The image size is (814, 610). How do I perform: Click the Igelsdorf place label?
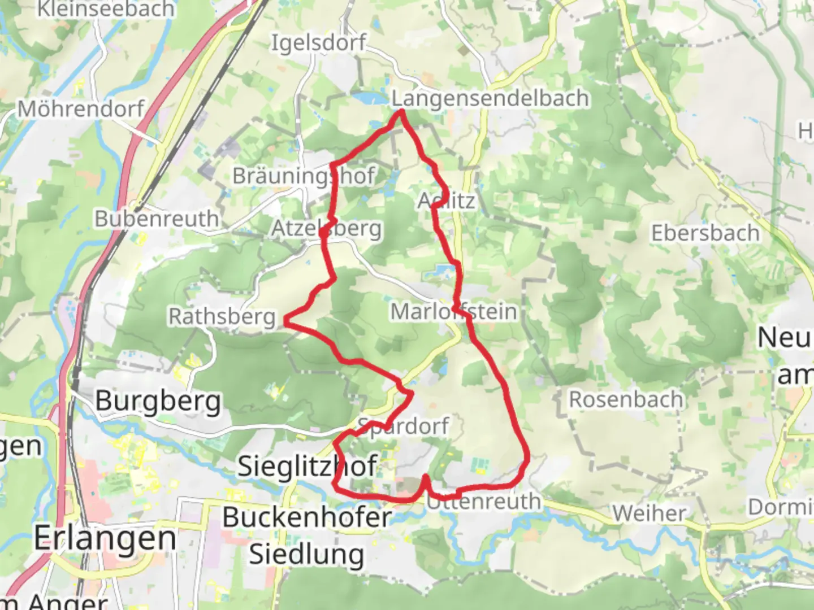pos(318,43)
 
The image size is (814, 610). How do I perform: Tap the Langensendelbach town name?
pos(491,98)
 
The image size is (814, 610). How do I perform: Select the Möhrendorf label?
pos(81,108)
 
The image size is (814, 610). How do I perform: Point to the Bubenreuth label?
pos(157,219)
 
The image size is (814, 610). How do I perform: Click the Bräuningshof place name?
pos(303,176)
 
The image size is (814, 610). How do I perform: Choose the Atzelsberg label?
pos(327,229)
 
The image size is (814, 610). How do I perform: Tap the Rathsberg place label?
pos(222,316)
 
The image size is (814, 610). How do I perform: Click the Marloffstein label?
pos(454,311)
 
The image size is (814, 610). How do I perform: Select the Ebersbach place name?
pos(705,233)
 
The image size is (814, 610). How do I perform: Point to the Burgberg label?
pos(158,401)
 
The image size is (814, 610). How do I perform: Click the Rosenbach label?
pos(626,399)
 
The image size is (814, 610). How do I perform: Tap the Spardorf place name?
pos(404,426)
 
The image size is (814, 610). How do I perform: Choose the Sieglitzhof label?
pos(308,467)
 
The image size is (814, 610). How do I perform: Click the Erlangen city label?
pos(105,538)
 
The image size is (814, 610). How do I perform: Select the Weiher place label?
pos(649,513)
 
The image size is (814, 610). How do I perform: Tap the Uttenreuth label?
pos(484,501)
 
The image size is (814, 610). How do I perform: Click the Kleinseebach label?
pos(106,8)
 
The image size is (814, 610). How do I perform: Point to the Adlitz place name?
pos(447,201)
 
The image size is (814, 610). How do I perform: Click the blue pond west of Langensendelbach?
pos(370,98)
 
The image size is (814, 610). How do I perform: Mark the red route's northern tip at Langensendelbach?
pos(401,112)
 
